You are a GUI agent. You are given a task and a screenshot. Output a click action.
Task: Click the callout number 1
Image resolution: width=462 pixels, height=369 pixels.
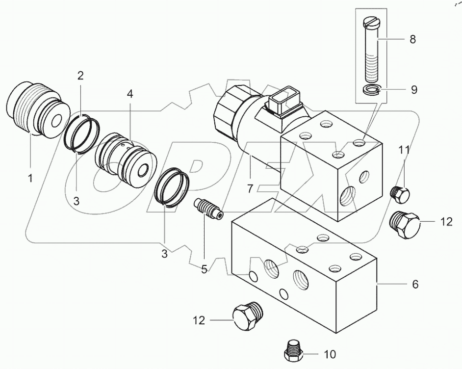click(x=30, y=178)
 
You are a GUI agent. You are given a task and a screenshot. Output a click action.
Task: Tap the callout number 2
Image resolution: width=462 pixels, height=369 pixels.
click(x=80, y=76)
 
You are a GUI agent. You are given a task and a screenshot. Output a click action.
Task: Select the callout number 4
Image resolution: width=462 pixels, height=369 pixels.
click(x=130, y=94)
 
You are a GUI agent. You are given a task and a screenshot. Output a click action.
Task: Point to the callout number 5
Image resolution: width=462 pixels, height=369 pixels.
click(x=204, y=269)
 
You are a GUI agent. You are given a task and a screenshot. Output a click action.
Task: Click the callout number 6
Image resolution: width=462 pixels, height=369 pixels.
click(x=415, y=284)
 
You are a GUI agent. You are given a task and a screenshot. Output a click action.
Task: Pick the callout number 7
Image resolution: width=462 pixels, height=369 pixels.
click(x=250, y=188)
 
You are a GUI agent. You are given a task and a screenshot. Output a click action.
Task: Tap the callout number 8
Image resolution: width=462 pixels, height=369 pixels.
click(x=413, y=39)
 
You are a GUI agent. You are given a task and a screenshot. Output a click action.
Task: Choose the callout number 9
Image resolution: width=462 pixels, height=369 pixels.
click(x=414, y=90)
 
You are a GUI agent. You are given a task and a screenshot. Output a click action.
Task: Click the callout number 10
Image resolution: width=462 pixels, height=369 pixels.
click(x=330, y=355)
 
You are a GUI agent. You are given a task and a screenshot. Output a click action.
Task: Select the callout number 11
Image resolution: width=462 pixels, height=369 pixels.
click(x=404, y=150)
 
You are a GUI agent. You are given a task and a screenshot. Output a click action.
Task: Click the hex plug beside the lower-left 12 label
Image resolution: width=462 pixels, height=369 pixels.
click(x=248, y=316)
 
